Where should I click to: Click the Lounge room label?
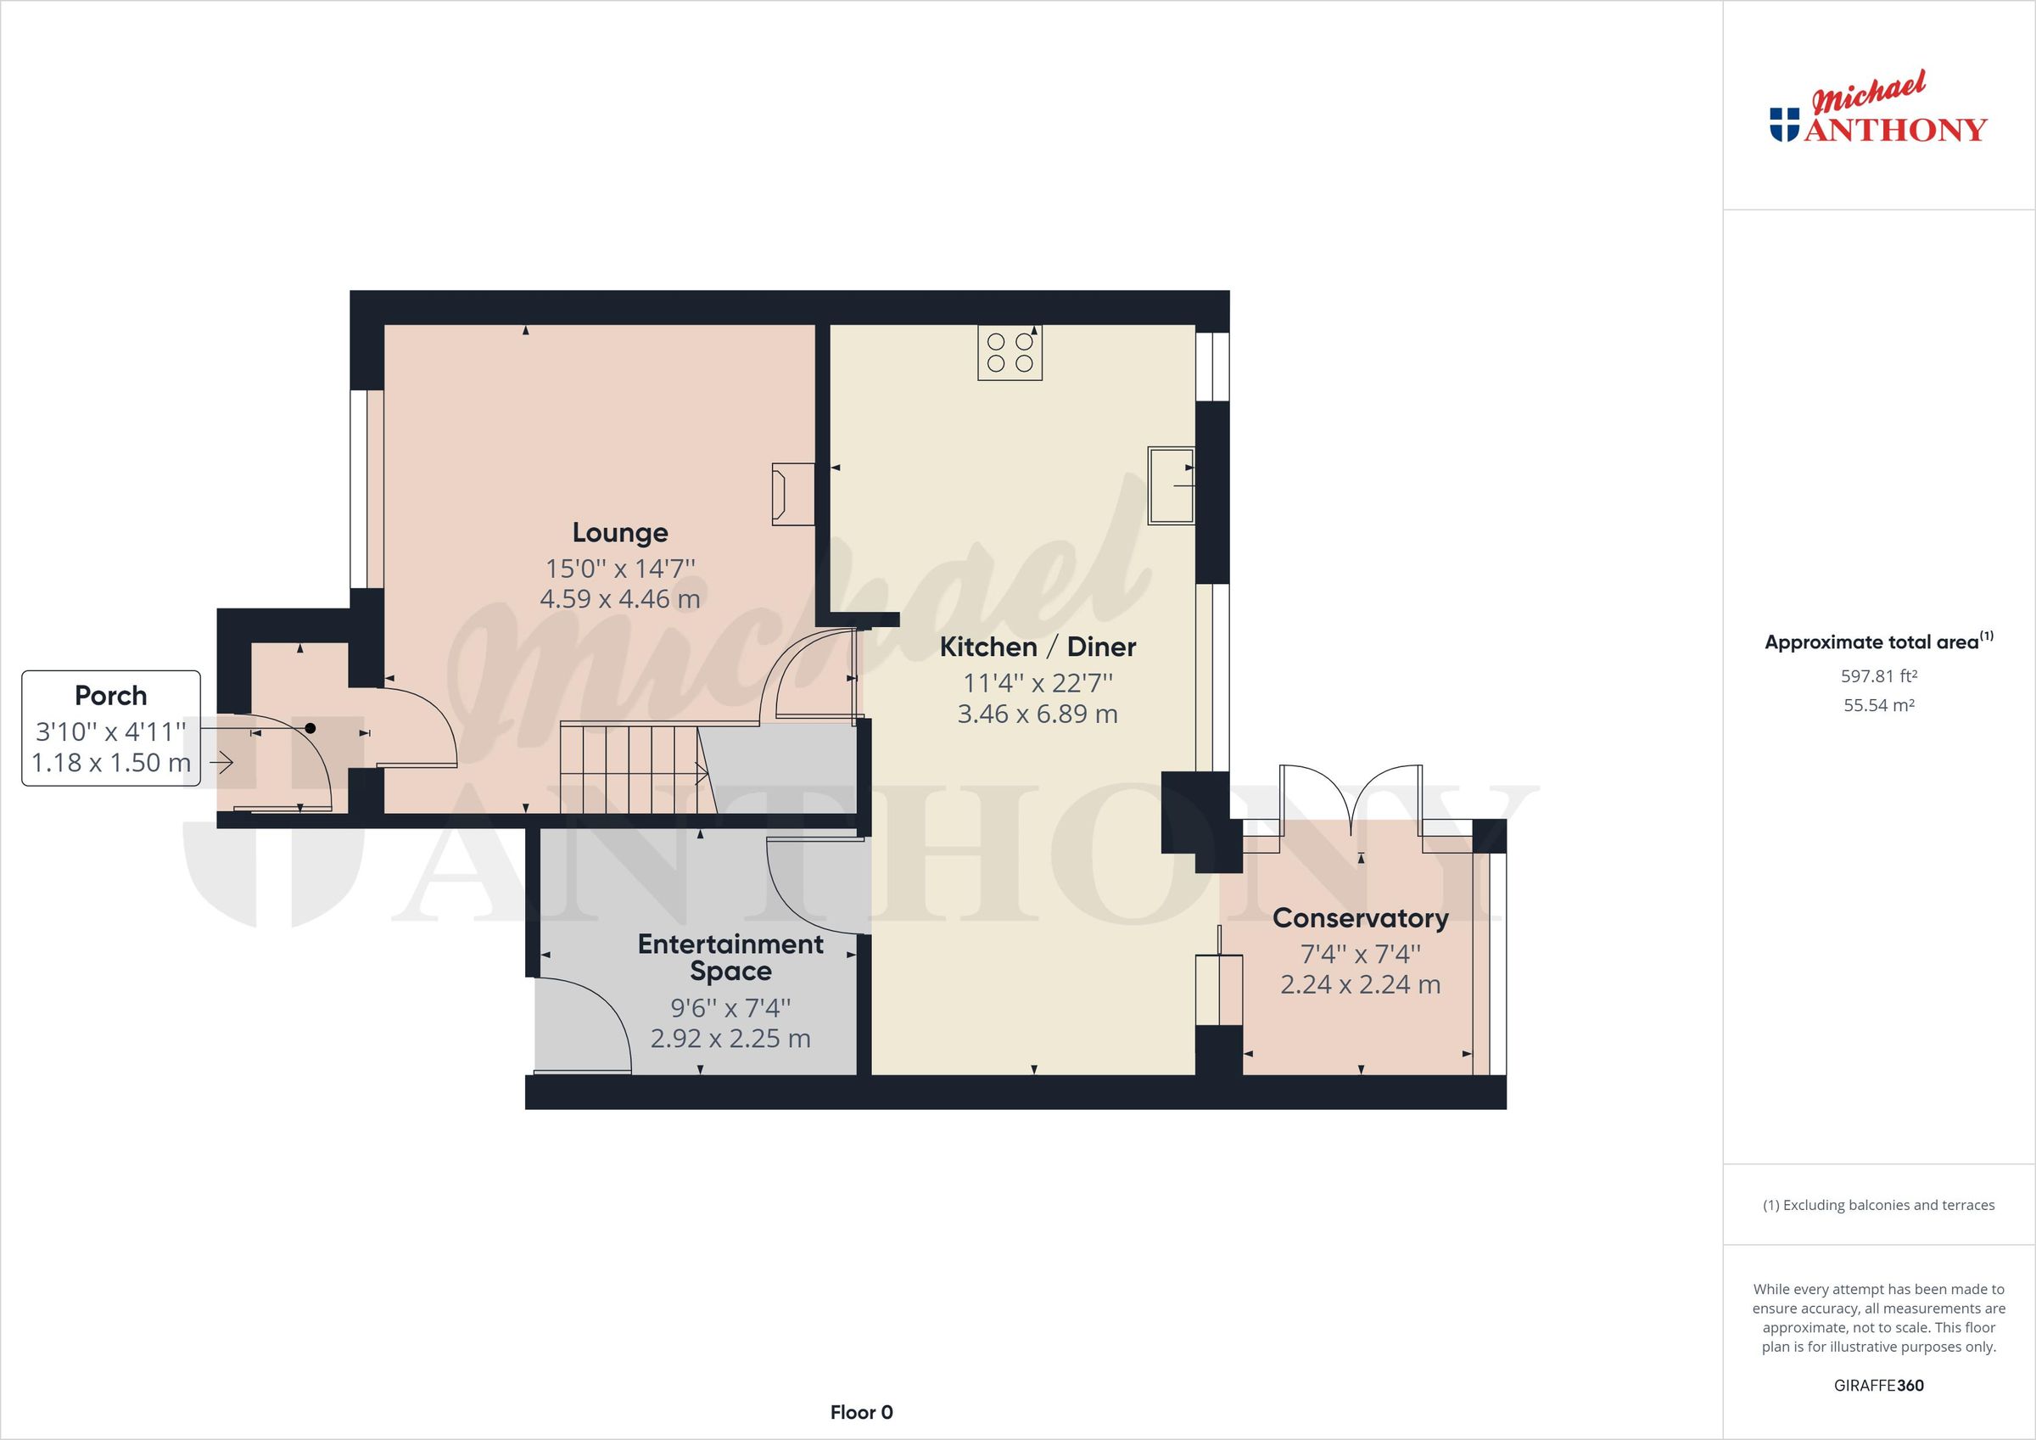620,532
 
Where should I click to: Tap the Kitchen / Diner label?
1038,647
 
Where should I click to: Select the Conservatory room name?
1360,918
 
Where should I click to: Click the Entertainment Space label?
730,957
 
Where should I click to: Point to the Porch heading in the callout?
111,696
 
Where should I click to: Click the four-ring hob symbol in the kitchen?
1010,352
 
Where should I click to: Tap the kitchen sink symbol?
1172,486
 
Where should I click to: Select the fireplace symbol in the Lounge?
791,494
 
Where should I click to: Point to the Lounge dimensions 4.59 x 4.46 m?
620,599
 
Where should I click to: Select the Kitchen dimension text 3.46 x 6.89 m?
1038,714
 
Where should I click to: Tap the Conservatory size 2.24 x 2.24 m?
1360,985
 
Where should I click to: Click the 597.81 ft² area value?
1878,676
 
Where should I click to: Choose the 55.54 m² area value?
1878,705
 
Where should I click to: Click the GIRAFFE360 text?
1878,1385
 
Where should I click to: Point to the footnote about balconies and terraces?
1878,1205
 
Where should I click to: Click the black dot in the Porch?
310,728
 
